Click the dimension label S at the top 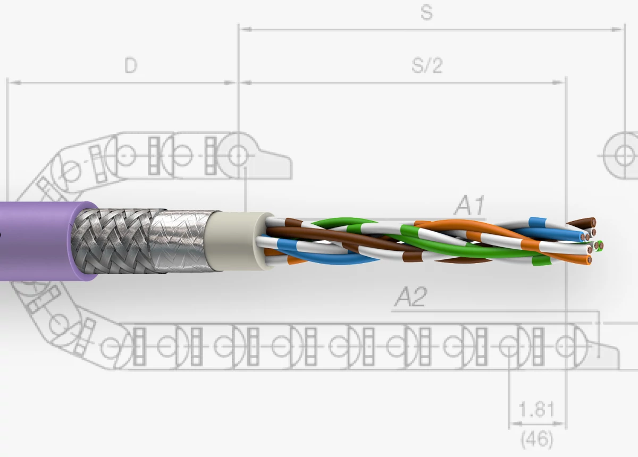(x=426, y=13)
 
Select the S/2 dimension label (x=427, y=66)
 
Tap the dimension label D (x=131, y=66)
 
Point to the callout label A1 (x=469, y=206)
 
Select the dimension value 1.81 (x=536, y=410)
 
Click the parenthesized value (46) (x=536, y=439)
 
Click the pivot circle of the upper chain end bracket (x=238, y=156)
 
